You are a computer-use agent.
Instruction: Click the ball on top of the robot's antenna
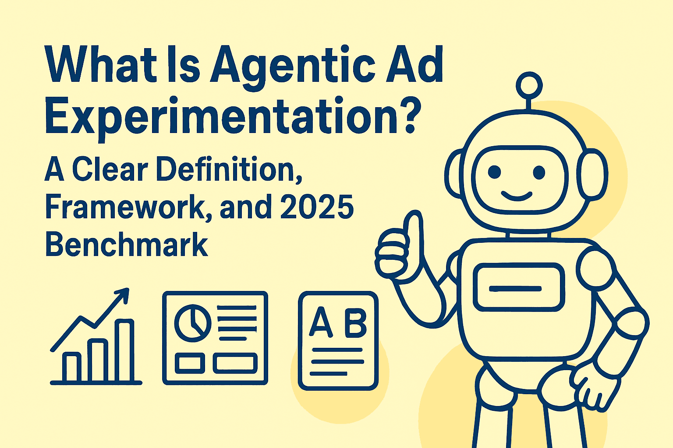click(529, 85)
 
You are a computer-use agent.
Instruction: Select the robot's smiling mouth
click(517, 196)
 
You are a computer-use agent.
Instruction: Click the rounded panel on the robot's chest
click(518, 288)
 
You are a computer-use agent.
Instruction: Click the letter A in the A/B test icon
click(321, 323)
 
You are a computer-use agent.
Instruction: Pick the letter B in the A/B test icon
click(355, 323)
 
